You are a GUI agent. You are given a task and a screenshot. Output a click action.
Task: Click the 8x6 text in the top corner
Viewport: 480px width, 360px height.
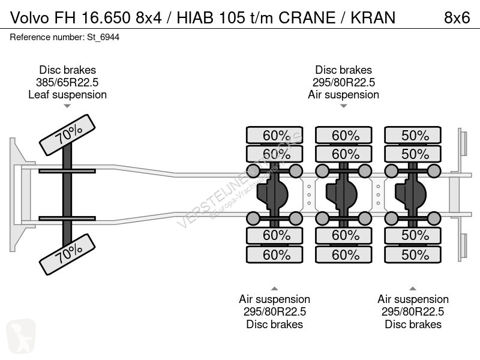[x=457, y=17]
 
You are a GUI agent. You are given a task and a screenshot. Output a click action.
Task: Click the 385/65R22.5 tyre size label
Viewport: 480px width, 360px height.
[x=67, y=82]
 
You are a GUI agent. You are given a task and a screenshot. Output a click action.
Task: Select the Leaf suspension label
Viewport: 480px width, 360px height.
[x=67, y=95]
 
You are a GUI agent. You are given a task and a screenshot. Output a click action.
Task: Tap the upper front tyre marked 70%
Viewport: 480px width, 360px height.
[x=68, y=136]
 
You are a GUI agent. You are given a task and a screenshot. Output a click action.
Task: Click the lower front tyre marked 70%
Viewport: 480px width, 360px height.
[x=68, y=254]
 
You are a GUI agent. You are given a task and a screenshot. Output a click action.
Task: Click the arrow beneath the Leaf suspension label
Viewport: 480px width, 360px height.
[x=67, y=106]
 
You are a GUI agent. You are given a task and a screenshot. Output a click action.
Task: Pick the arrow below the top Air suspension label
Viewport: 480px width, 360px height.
[x=343, y=106]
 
